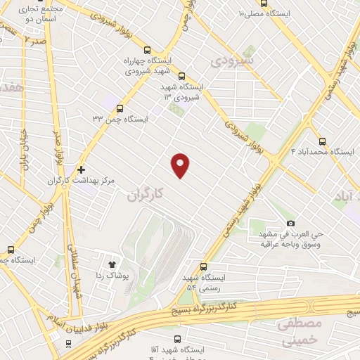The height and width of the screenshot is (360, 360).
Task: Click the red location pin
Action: pos(181,165)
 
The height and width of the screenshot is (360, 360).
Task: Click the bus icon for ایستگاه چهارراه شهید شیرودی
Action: pos(147,50)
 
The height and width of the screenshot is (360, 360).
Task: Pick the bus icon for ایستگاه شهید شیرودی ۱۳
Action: pos(181,76)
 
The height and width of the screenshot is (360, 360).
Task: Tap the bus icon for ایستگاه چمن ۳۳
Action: pos(120,108)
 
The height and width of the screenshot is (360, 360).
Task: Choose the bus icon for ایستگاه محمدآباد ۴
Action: pos(322,141)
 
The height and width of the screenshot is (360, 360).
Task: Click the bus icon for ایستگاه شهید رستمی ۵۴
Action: pos(204,267)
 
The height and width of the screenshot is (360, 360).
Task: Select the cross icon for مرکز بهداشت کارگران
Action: pos(81,169)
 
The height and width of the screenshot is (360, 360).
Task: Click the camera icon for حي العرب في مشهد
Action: pos(291,224)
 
